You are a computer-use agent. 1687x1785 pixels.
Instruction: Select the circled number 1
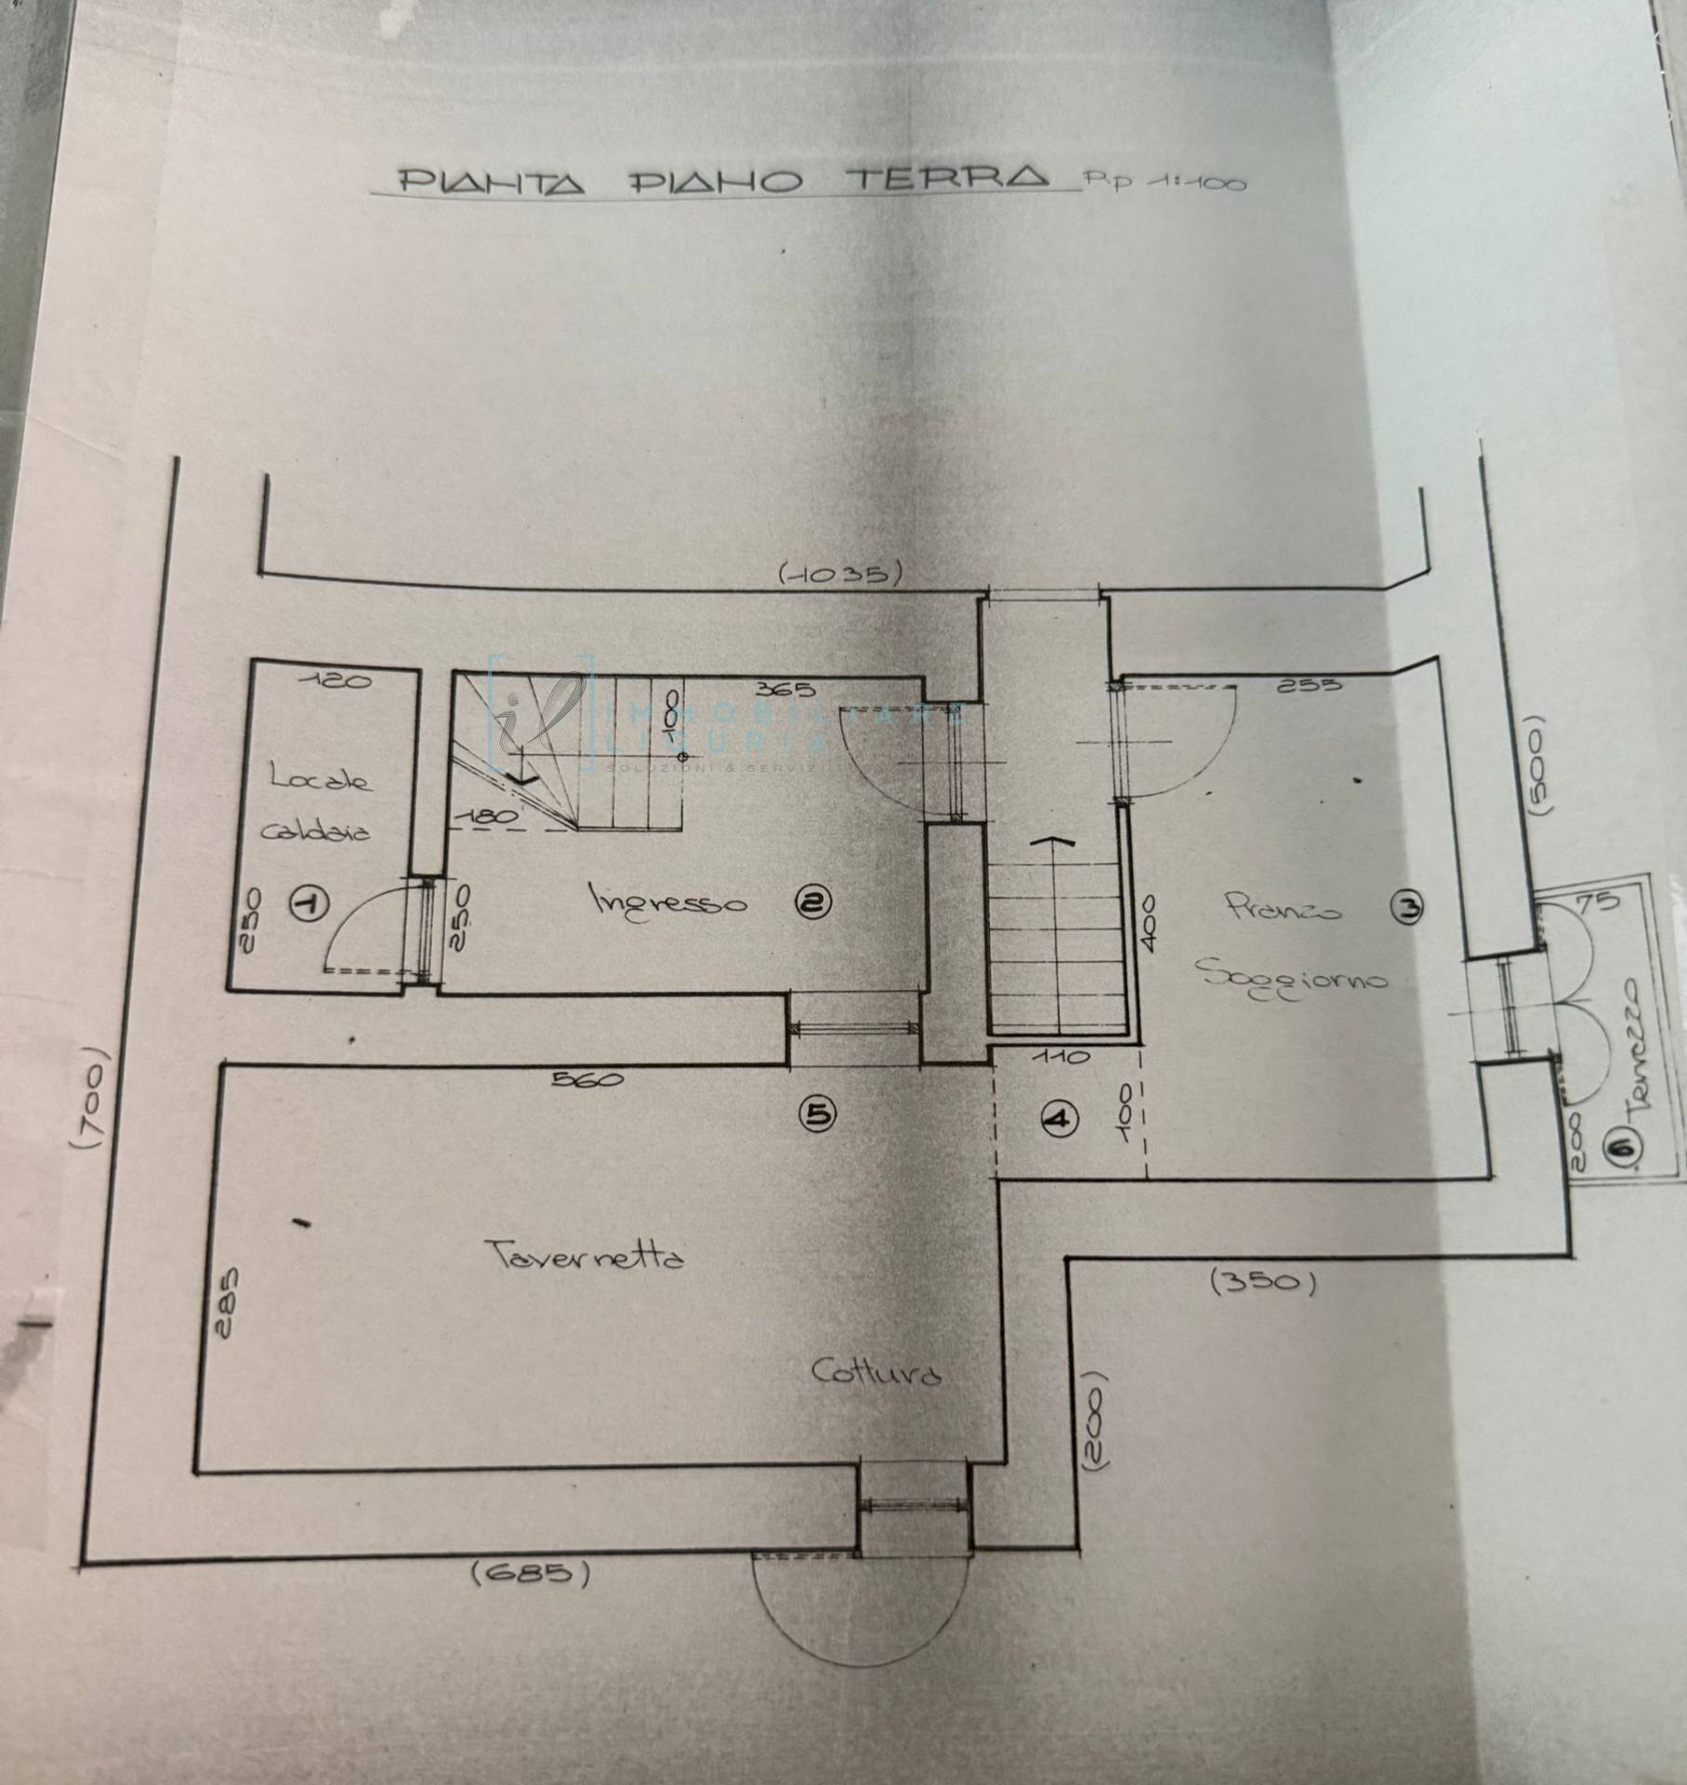[x=310, y=903]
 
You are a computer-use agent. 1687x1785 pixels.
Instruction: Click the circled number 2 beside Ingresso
[x=814, y=901]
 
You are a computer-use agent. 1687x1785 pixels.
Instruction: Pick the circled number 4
[x=1059, y=1119]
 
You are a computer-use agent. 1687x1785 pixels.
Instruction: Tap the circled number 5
[x=819, y=1113]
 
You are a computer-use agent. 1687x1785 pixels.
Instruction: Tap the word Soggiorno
[x=1292, y=977]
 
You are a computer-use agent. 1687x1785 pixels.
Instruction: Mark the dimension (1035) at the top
[x=840, y=574]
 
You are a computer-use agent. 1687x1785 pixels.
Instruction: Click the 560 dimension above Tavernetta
[x=587, y=1079]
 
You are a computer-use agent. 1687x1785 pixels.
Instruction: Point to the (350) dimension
[x=1264, y=1282]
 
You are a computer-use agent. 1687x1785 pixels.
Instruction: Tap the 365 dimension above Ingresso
[x=785, y=690]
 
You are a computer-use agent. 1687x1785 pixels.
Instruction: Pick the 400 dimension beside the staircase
[x=1150, y=922]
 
